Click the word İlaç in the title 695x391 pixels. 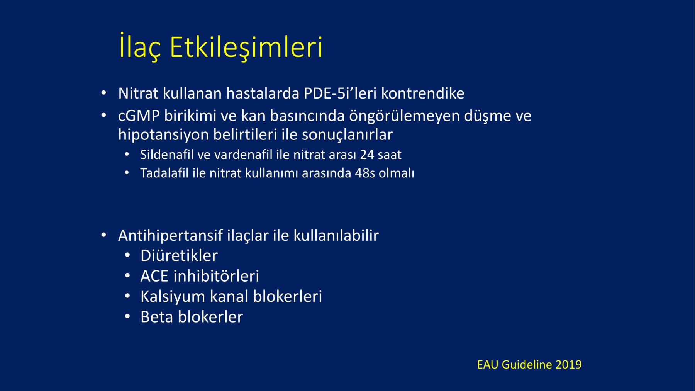pos(139,47)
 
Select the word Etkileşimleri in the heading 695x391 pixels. pos(246,47)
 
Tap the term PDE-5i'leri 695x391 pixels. pos(340,93)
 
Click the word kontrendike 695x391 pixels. pos(423,93)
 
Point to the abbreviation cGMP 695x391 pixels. pos(139,116)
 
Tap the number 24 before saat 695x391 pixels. pos(367,155)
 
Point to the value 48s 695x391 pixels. pos(364,173)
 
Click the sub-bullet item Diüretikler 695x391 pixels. pos(179,256)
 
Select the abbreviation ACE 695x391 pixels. pos(154,276)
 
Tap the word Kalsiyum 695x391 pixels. pos(173,297)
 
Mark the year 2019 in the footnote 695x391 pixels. pos(568,365)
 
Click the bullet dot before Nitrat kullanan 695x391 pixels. pos(103,93)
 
